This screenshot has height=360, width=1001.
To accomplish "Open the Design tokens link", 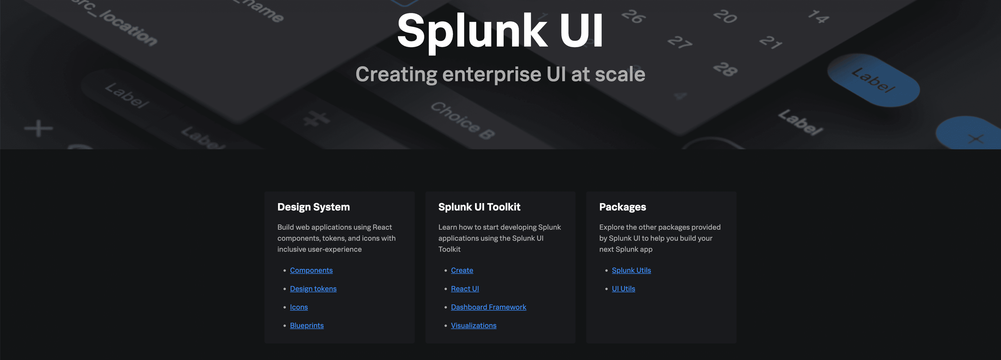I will [x=313, y=289].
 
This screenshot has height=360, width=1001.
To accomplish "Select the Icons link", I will [x=298, y=307].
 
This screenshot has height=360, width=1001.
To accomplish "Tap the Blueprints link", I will [x=307, y=325].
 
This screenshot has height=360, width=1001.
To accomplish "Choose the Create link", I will [x=462, y=270].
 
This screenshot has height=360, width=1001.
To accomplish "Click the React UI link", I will [x=465, y=289].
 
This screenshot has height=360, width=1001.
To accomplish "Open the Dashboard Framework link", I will [x=488, y=307].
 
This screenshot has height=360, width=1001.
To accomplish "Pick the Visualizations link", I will [x=473, y=325].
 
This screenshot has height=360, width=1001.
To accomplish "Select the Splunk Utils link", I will [x=631, y=270].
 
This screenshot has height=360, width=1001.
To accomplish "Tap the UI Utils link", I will [x=623, y=289].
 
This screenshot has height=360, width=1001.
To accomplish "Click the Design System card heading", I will [x=313, y=207].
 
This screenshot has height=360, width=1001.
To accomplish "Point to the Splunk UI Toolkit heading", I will [x=479, y=207].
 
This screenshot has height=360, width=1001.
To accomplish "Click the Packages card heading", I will [x=622, y=207].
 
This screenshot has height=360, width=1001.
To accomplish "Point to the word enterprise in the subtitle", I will [x=492, y=74].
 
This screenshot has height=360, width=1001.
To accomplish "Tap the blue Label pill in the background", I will [x=873, y=80].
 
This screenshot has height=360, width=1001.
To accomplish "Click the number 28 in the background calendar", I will [x=725, y=69].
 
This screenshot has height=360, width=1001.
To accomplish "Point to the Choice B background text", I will [x=462, y=121].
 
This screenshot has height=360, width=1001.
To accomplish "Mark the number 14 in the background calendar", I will [x=818, y=16].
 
